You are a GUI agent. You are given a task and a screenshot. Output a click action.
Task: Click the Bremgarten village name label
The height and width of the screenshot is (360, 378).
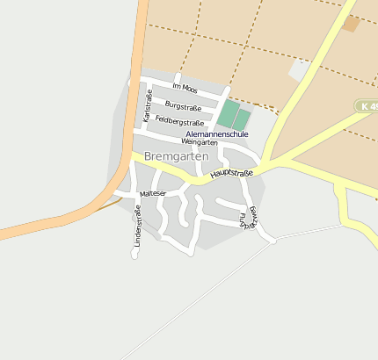coord(176,156)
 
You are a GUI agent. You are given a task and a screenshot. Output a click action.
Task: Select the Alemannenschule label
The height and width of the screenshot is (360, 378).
coord(217,134)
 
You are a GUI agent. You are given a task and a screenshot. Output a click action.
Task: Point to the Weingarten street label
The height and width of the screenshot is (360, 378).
coord(199,142)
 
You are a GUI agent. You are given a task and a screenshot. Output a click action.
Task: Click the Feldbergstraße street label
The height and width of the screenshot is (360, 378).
coord(179,122)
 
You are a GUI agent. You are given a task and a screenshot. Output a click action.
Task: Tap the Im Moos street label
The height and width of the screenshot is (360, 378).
coord(186,88)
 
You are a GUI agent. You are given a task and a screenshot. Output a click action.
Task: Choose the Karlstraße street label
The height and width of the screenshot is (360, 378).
coord(148,105)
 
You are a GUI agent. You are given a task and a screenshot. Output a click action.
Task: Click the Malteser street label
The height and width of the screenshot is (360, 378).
coord(152,193)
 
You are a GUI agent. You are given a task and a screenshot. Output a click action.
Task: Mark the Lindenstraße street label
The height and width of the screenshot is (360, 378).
coord(137,224)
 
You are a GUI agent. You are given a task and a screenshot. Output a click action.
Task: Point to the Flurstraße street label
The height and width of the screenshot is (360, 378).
coord(244,220)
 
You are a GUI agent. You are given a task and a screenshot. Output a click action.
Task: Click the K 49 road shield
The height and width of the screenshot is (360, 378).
coord(367,105)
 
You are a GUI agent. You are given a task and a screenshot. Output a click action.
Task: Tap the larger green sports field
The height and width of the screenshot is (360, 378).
coord(228,114)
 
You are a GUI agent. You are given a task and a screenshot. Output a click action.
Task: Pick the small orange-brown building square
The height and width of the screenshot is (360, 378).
coord(351,24)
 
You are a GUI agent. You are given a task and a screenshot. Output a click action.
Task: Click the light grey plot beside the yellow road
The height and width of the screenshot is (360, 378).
coord(300,69)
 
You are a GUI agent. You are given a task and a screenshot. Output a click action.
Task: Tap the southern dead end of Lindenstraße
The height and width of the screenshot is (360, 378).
coord(134,256)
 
